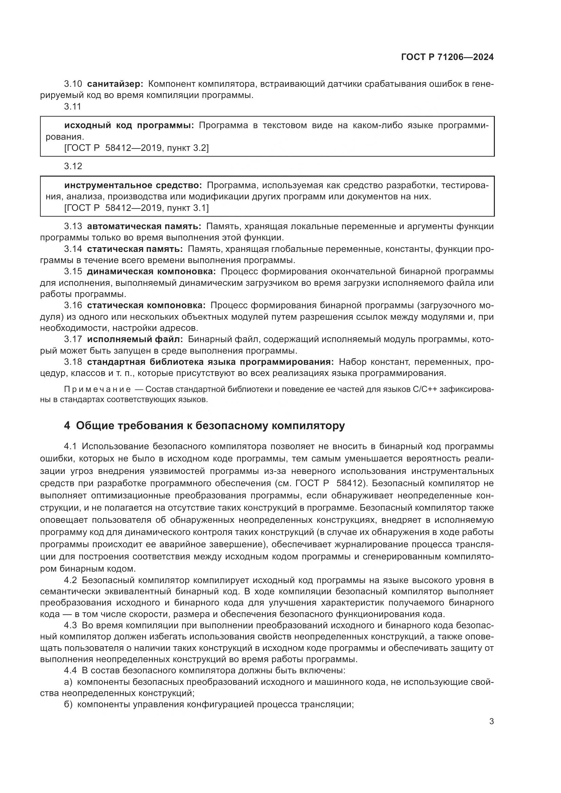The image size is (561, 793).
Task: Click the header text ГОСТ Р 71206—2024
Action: point(447,57)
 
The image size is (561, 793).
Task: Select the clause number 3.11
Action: point(73,106)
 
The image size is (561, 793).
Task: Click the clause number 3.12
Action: point(73,166)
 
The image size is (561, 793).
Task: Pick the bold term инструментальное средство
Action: point(133,185)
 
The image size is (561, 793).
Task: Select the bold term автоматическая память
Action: point(144,226)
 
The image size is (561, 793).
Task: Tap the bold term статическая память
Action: point(135,249)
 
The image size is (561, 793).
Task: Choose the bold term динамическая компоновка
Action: point(151,272)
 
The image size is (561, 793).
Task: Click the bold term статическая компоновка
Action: point(146,305)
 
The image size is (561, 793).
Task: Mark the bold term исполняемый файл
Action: point(135,339)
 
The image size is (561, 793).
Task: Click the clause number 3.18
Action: point(73,362)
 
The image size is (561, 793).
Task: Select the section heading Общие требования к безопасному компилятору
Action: point(210,426)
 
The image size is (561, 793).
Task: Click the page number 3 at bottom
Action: point(491,721)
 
